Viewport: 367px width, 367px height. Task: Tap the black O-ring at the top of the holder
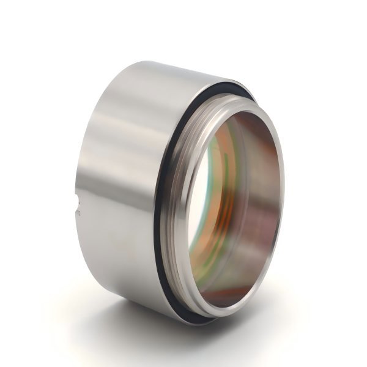coord(214,86)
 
